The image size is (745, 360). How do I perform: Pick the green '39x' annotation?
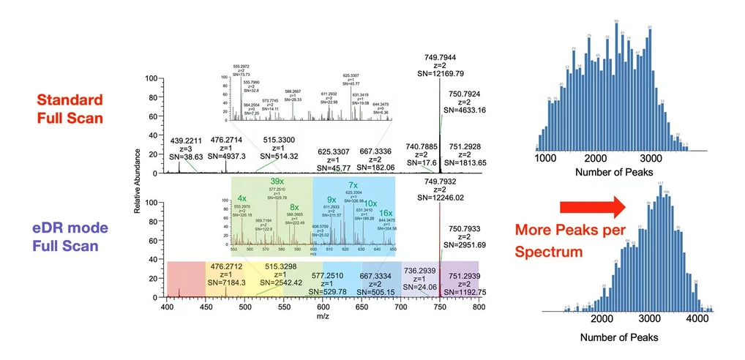pyautogui.click(x=277, y=181)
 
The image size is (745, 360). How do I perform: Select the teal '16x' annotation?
pyautogui.click(x=385, y=213)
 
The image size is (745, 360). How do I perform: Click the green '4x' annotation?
pyautogui.click(x=242, y=198)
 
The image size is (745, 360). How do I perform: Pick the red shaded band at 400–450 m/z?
pyautogui.click(x=186, y=279)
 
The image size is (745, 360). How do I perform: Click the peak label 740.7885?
pyautogui.click(x=420, y=145)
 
